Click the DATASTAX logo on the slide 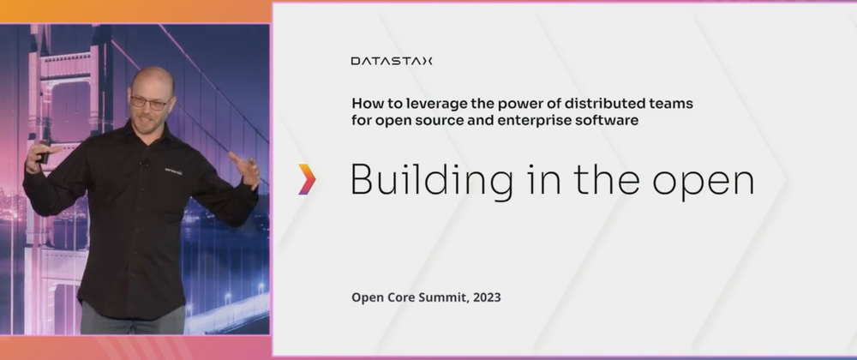[x=392, y=61]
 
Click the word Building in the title [x=432, y=180]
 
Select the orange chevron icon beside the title [x=307, y=179]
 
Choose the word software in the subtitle [x=612, y=120]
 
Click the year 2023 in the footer [x=487, y=297]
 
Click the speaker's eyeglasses [x=151, y=102]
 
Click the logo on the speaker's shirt [x=173, y=171]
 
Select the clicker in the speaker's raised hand [x=45, y=152]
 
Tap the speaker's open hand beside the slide [x=245, y=170]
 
